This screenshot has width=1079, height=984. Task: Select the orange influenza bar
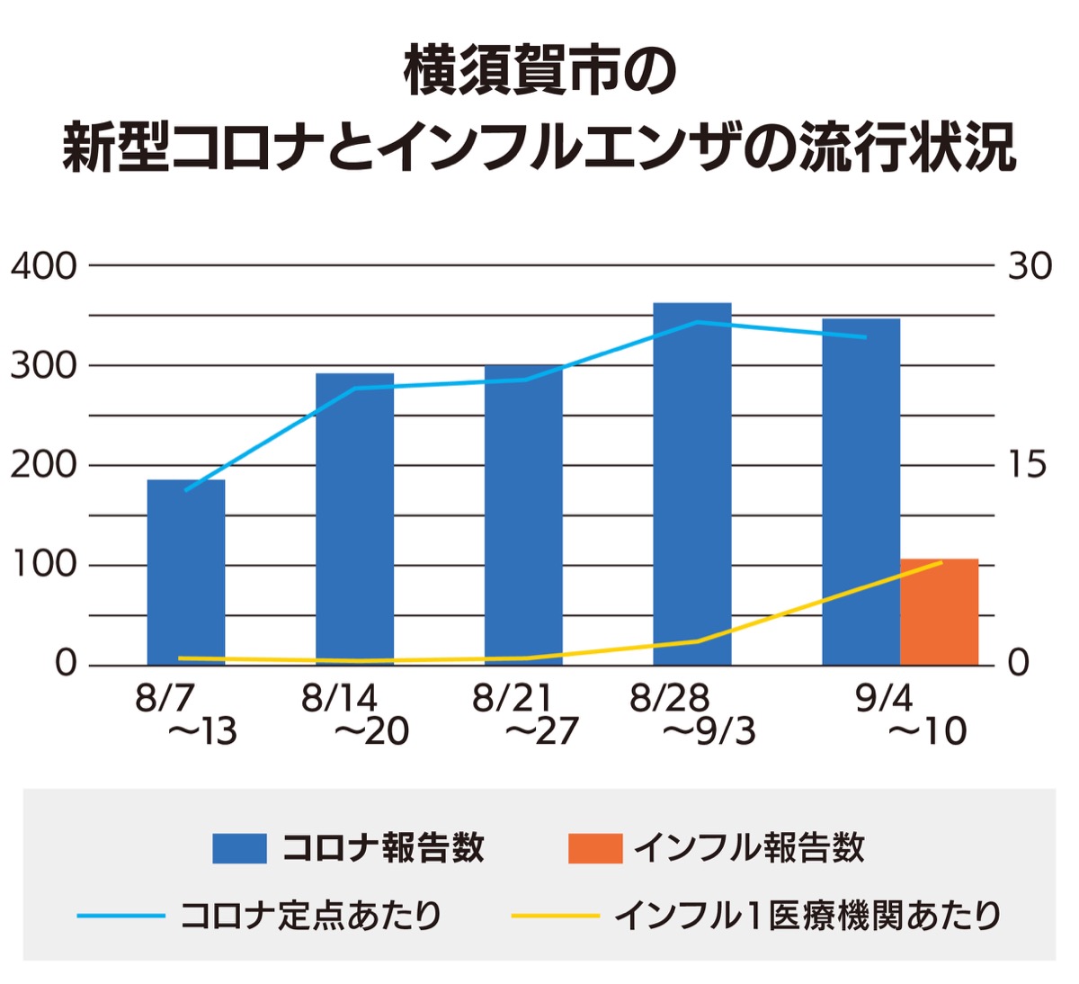coord(939,613)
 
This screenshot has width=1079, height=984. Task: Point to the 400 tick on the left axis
coord(43,266)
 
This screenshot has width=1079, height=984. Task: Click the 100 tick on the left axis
coord(43,566)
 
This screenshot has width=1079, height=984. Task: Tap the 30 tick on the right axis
coord(1029,266)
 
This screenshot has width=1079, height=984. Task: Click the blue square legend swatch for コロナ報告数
coord(239,848)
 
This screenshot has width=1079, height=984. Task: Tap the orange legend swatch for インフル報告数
coord(594,848)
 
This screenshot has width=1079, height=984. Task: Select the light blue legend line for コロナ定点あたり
coord(120,917)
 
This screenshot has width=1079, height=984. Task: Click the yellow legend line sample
coord(555,917)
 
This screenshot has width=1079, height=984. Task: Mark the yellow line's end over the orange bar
coord(941,562)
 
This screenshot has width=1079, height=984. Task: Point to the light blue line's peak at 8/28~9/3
coord(697,322)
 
